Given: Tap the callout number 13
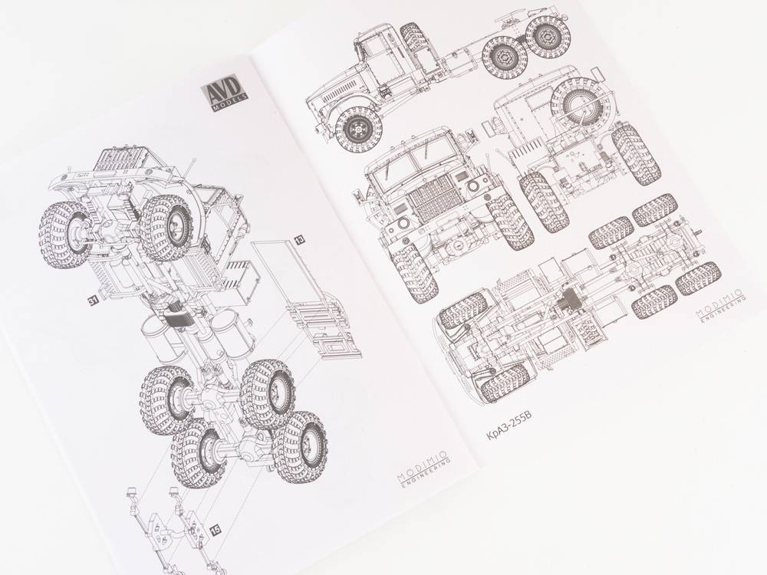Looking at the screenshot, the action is [299, 239].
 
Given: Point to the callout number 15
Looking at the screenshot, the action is [216, 529].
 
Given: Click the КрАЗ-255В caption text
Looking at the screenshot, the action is [509, 426].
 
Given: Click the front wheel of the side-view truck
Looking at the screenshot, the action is [358, 129].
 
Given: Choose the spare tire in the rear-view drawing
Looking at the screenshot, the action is [582, 102].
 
